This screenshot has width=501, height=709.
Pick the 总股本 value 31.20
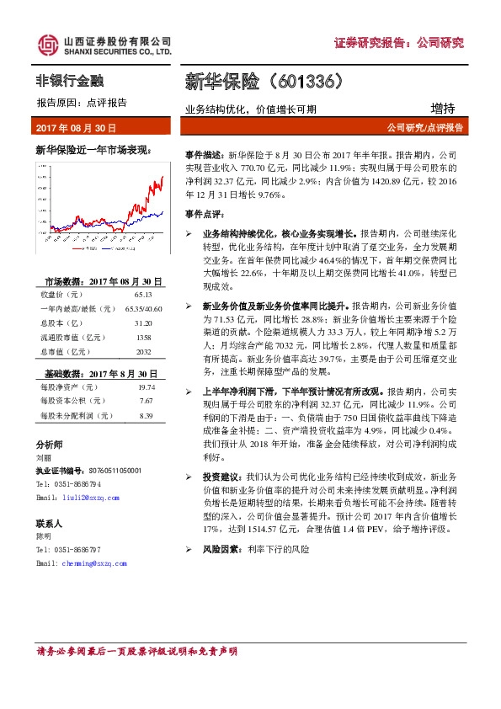141,323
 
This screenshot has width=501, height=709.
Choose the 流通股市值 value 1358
141,336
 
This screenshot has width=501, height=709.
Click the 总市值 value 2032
141,349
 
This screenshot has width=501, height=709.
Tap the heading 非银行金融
69,82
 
